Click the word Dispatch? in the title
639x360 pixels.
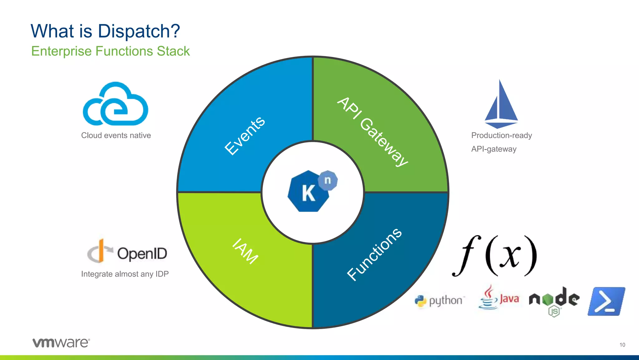139,31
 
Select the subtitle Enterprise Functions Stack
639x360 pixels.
110,51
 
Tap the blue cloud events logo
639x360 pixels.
115,104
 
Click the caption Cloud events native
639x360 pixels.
116,135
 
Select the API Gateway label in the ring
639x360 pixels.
373,132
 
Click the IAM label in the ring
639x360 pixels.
245,251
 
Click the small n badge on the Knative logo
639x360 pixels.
328,180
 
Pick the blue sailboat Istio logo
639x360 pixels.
501,105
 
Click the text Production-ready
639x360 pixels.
501,135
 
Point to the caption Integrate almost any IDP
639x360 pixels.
125,274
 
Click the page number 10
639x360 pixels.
622,345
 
